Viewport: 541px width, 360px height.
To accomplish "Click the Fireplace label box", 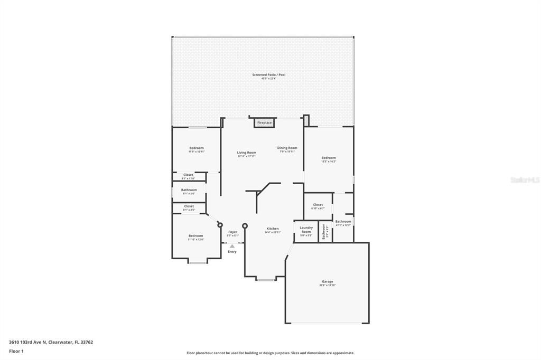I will coord(264,123).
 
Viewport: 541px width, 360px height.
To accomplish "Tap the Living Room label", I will coord(246,153).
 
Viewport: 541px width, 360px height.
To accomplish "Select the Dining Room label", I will coord(288,148).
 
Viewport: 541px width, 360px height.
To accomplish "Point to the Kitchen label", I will coord(273,229).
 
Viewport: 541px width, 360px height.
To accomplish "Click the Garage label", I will coord(327,282).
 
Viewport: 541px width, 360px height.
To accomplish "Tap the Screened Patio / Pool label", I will coord(268,75).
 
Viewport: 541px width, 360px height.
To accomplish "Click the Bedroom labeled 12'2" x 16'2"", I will coord(328,158).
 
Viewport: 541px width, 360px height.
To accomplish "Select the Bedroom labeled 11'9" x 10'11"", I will coord(197,148).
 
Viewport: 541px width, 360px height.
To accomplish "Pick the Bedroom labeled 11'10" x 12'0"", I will coord(195,236).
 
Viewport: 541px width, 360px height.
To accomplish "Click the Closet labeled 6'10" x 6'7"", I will coord(318,205).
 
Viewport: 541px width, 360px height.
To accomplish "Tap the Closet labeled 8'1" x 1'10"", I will coord(188,175).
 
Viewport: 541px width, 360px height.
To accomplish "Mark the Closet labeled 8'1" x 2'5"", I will coord(189,207).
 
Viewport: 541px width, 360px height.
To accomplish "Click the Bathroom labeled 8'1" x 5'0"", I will coord(189,191).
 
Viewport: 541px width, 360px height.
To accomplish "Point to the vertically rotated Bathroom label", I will coord(324,231).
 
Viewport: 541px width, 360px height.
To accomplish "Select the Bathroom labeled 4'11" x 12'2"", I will coord(343,222).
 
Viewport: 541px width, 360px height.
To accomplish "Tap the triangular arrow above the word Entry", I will coord(232,246).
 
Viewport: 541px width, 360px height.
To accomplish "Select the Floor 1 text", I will coord(17,350).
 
